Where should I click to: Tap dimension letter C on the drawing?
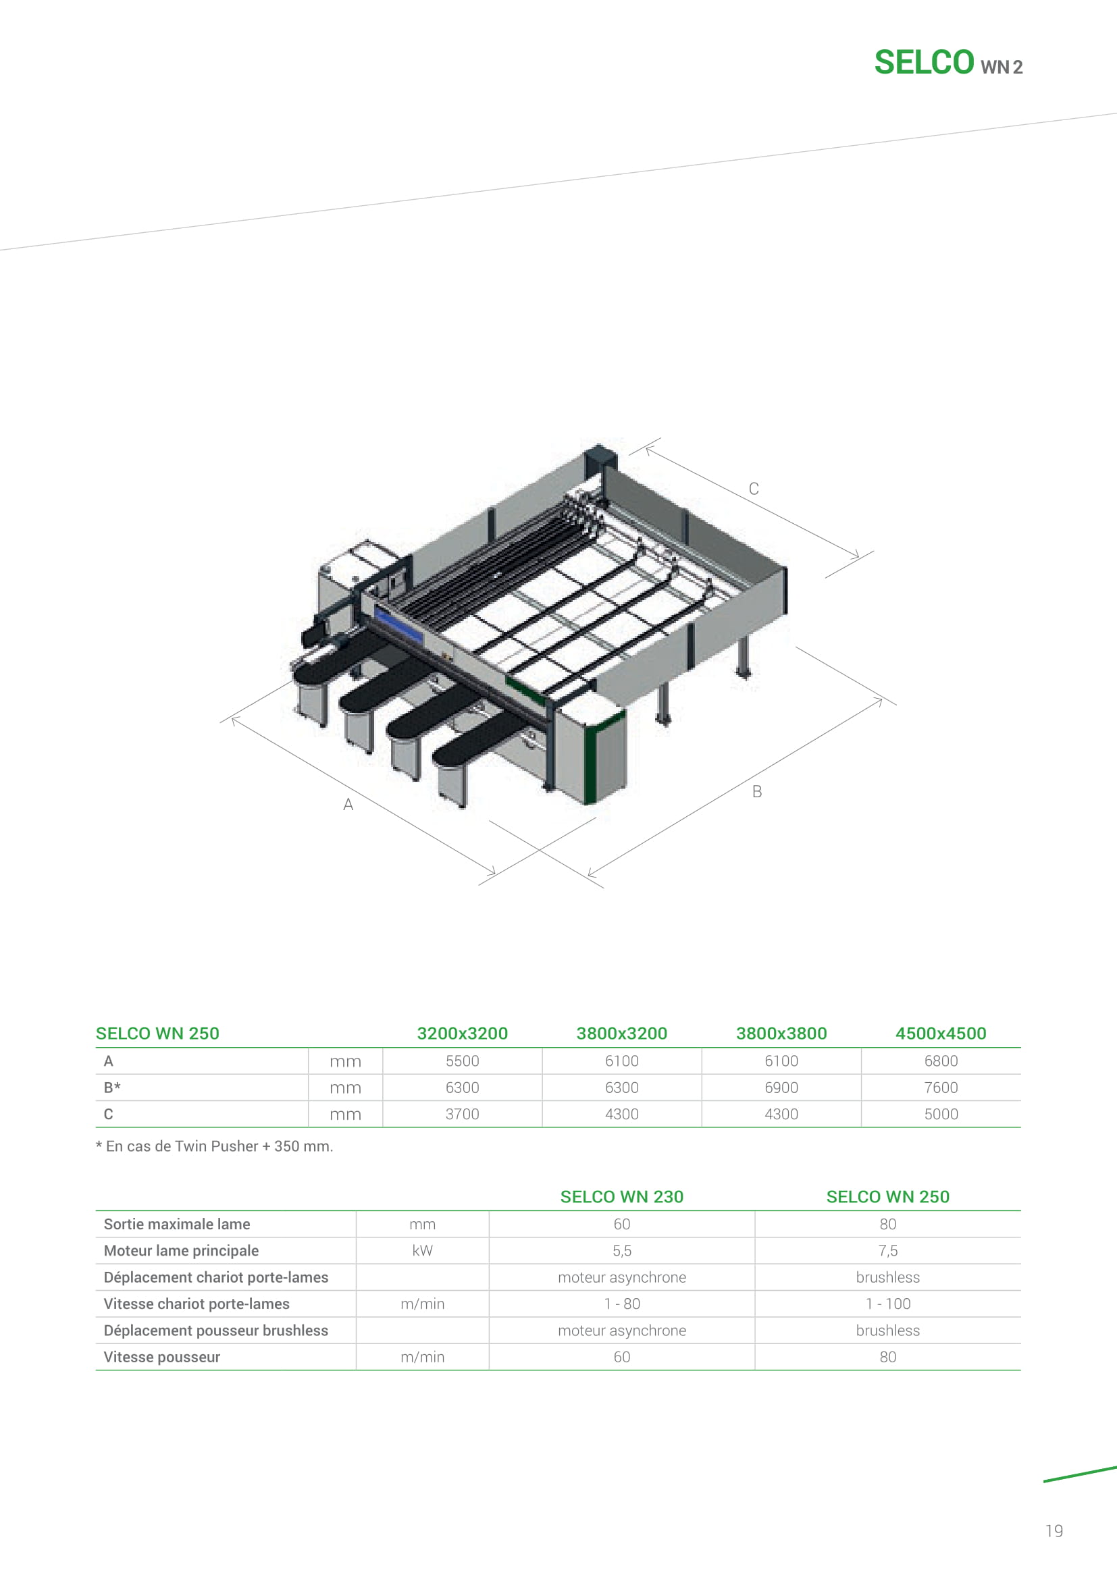[754, 489]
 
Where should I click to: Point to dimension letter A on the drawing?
[348, 805]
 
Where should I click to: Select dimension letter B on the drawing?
[757, 792]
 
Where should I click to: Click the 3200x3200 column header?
[462, 1034]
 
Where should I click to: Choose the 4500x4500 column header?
[941, 1034]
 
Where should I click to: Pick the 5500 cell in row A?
[462, 1061]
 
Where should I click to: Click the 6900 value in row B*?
[781, 1088]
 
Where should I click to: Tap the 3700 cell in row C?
[462, 1114]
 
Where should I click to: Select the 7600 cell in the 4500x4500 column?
[941, 1088]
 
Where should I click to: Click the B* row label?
[112, 1088]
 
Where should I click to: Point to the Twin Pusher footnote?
[215, 1146]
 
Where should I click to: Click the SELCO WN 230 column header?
[622, 1197]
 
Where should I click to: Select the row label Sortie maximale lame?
[177, 1224]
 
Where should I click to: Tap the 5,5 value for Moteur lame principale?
[622, 1251]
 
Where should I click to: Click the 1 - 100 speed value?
[888, 1304]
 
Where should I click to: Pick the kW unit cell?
[422, 1251]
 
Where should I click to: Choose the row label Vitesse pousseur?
[161, 1357]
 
